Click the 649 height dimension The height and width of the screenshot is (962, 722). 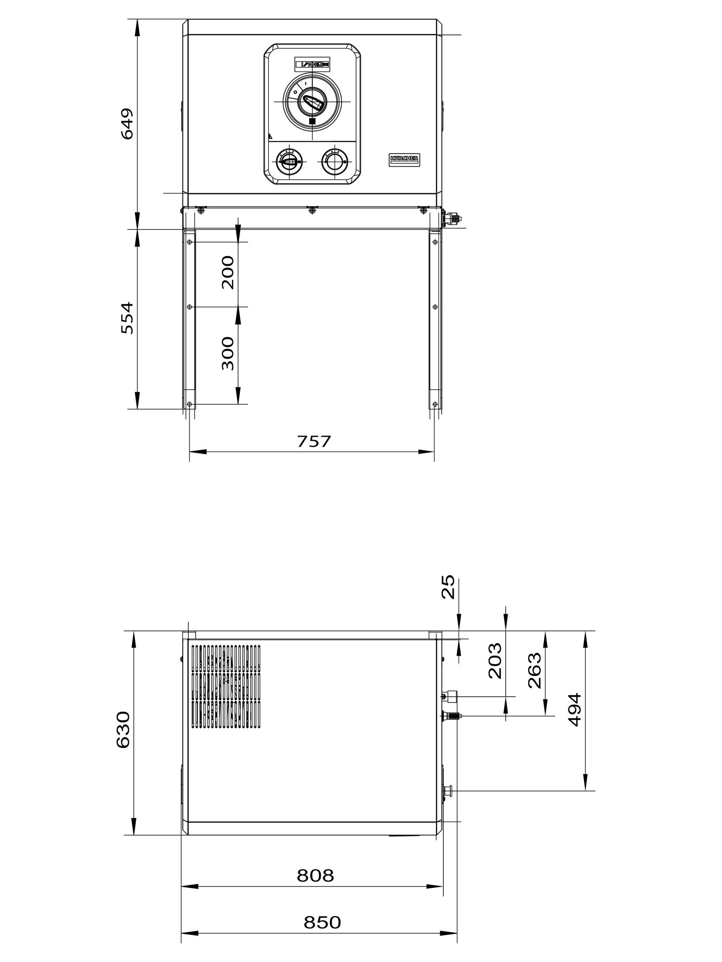coord(127,124)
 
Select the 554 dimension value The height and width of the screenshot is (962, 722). coord(127,318)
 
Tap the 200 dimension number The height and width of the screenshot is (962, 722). coord(228,273)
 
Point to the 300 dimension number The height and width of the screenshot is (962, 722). coord(228,353)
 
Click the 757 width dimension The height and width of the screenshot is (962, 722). coord(314,442)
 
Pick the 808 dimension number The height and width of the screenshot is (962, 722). coord(315,876)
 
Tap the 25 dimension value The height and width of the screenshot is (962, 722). coord(448,587)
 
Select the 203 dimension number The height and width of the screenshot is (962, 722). coord(495,661)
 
